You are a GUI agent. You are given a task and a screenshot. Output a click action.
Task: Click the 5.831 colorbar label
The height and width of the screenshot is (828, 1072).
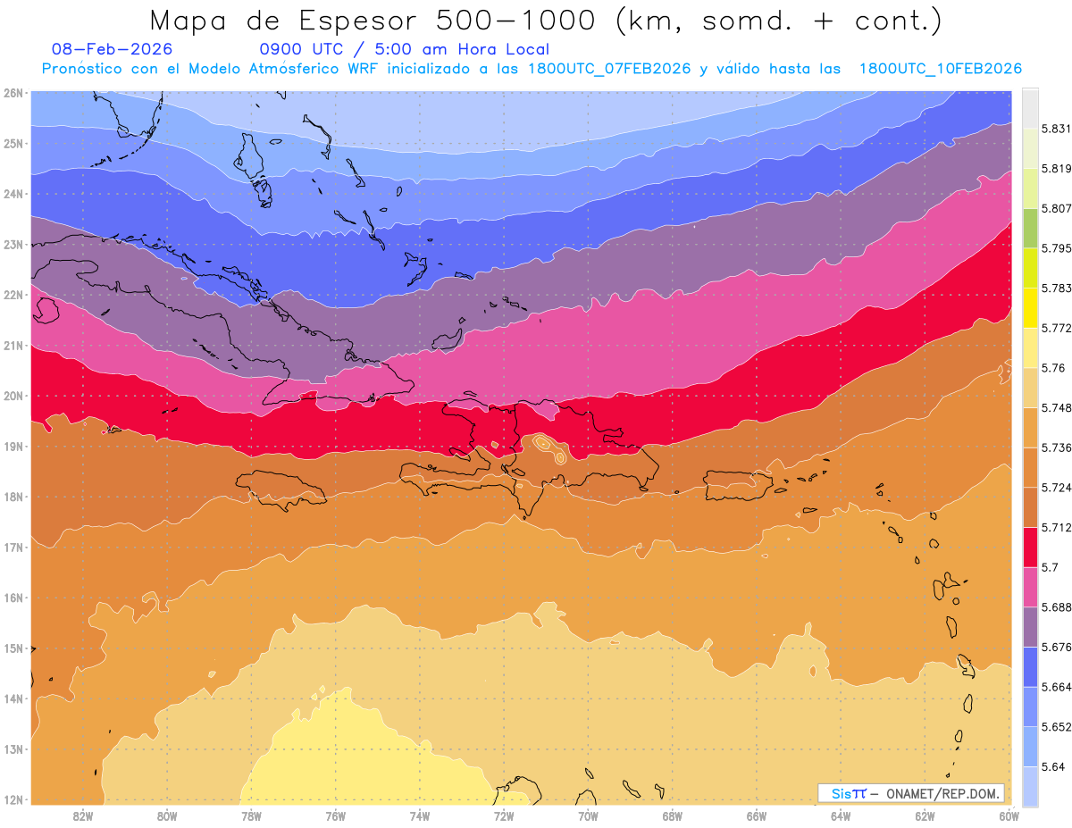click(1055, 128)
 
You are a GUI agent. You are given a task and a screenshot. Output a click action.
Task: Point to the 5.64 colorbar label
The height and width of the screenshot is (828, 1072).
click(1051, 766)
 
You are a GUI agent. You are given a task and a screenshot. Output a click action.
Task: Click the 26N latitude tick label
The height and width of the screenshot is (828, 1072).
click(13, 92)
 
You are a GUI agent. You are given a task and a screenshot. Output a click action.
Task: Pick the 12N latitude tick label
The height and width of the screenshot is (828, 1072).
click(13, 799)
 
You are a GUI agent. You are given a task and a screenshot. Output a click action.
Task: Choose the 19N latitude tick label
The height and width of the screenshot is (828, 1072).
click(13, 446)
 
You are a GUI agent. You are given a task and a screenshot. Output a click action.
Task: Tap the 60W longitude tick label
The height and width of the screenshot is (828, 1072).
click(1009, 815)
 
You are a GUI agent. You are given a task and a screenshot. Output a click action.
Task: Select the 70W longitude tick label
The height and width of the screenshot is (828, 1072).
click(588, 815)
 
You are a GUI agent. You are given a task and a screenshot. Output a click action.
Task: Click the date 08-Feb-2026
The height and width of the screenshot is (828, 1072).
click(113, 50)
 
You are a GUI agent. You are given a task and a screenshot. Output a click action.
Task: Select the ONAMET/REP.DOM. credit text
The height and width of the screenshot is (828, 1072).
click(942, 793)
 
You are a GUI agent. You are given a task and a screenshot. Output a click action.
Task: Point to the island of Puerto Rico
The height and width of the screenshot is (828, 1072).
click(738, 484)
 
